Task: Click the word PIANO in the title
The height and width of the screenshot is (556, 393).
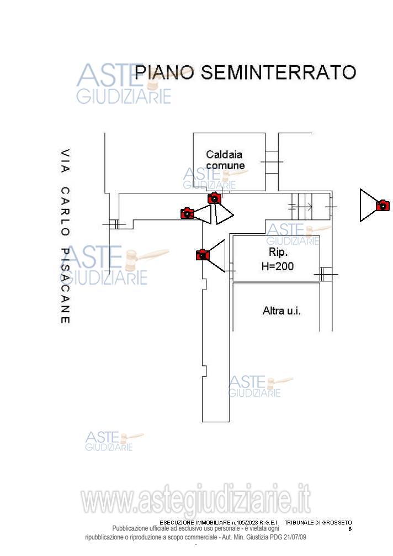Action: (x=164, y=72)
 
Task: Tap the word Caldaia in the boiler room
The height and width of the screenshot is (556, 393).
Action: (x=224, y=155)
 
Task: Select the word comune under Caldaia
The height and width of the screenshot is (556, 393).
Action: (x=225, y=165)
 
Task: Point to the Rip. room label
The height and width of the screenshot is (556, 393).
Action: (x=277, y=253)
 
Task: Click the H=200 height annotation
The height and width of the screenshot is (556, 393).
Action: (x=277, y=266)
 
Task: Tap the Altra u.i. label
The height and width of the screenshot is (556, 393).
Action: (x=282, y=311)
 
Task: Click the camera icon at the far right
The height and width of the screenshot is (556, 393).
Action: (x=383, y=206)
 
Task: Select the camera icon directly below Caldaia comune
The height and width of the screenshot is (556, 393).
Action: (x=214, y=198)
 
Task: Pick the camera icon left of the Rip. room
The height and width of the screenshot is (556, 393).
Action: (x=203, y=255)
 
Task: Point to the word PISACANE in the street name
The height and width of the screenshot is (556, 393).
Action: (x=65, y=285)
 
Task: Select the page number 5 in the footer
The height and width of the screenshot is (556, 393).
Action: (x=350, y=529)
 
